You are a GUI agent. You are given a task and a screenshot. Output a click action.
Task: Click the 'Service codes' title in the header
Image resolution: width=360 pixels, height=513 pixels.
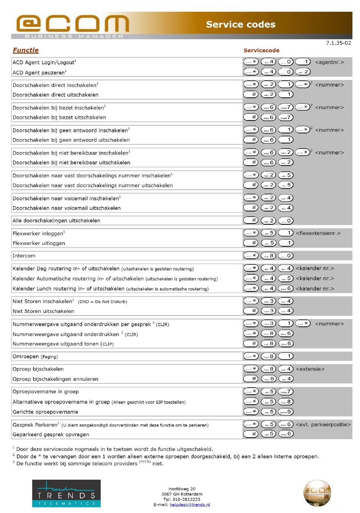click(x=241, y=25)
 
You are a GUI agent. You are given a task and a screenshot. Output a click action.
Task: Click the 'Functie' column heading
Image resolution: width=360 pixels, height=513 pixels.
click(x=26, y=50)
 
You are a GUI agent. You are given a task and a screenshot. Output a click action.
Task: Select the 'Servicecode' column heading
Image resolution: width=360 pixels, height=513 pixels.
click(x=261, y=50)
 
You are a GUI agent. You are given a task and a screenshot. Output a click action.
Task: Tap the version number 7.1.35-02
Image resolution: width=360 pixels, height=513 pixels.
click(x=338, y=43)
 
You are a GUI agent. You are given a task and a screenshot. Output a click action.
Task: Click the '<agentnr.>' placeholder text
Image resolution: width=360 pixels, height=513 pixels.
click(x=329, y=62)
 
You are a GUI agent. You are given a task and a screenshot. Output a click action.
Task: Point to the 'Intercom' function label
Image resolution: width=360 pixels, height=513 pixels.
click(x=24, y=256)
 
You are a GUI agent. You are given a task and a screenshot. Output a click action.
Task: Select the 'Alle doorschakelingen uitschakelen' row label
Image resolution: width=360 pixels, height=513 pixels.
click(x=56, y=221)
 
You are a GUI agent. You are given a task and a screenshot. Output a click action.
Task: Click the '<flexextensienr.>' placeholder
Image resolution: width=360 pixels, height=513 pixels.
click(x=318, y=233)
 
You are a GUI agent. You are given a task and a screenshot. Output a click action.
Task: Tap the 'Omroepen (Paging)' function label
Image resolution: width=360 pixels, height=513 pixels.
click(x=35, y=357)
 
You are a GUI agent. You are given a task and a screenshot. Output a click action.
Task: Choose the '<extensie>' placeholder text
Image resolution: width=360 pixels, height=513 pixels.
click(x=310, y=369)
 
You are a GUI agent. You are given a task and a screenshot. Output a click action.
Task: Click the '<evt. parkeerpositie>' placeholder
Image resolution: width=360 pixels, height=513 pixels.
click(x=323, y=424)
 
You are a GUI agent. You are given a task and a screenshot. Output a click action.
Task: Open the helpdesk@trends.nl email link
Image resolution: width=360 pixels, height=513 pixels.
click(x=189, y=505)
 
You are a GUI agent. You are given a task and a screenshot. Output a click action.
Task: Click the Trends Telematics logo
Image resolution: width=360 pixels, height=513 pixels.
click(x=66, y=493)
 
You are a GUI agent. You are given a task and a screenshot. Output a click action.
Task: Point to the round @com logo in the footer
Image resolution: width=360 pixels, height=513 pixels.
click(x=317, y=493)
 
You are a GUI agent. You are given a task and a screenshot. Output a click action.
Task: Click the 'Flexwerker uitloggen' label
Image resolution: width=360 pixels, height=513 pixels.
click(x=39, y=243)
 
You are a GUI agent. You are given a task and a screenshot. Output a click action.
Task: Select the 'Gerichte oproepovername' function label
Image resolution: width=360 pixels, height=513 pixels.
click(x=45, y=412)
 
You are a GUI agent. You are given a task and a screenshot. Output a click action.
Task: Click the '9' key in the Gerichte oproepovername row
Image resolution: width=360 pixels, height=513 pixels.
click(x=286, y=411)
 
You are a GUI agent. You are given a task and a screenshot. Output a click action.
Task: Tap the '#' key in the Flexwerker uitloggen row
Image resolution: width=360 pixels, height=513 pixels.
click(x=251, y=243)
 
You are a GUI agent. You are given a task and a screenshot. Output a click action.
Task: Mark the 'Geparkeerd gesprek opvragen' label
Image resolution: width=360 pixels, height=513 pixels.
click(x=51, y=435)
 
